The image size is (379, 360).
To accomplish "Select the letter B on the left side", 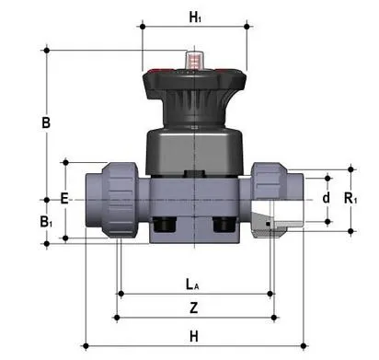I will pos(45,122).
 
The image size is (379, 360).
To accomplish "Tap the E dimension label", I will pos(63,197).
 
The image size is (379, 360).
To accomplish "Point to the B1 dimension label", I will pos(46,221).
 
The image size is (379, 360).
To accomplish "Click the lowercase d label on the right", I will pos(325,197).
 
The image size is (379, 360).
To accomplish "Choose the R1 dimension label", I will pos(351,197).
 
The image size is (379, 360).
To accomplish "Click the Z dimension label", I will pos(192,307).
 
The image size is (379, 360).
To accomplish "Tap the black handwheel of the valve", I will pos(193,92).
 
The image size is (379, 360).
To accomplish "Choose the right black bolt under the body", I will pos(223,225).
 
